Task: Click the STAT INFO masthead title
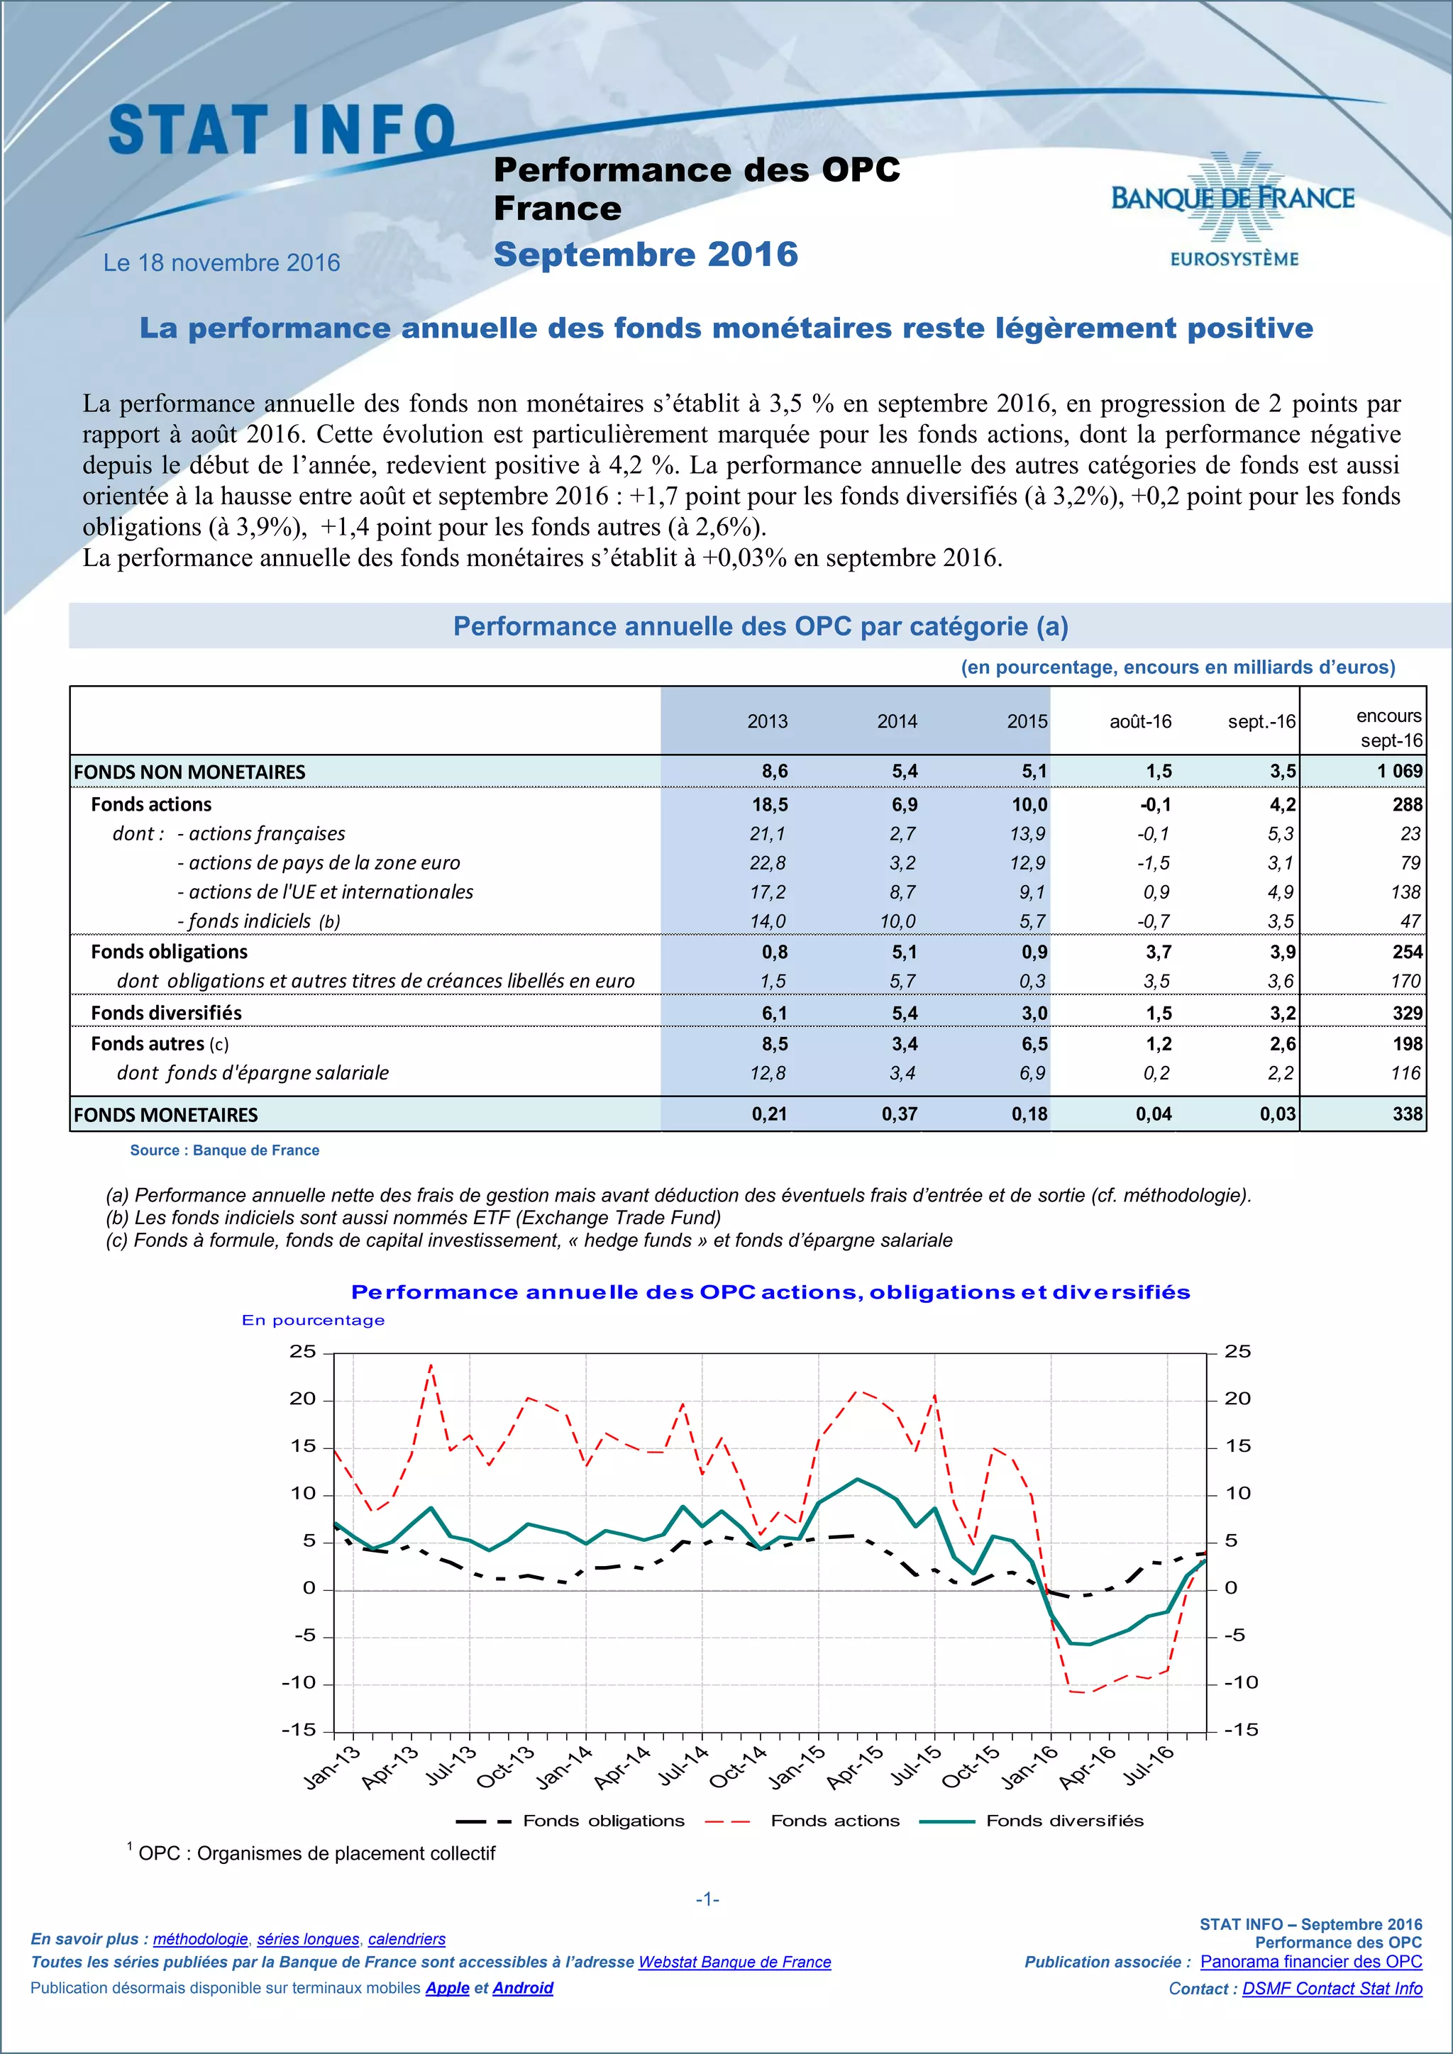[x=282, y=130]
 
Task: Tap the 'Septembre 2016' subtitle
[x=645, y=255]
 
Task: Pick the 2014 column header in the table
[x=897, y=722]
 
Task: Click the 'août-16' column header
[x=1140, y=722]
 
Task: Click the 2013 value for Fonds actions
[x=770, y=805]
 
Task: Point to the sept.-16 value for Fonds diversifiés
[x=1282, y=1014]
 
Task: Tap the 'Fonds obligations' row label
[x=169, y=952]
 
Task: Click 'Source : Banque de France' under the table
[x=225, y=1150]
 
